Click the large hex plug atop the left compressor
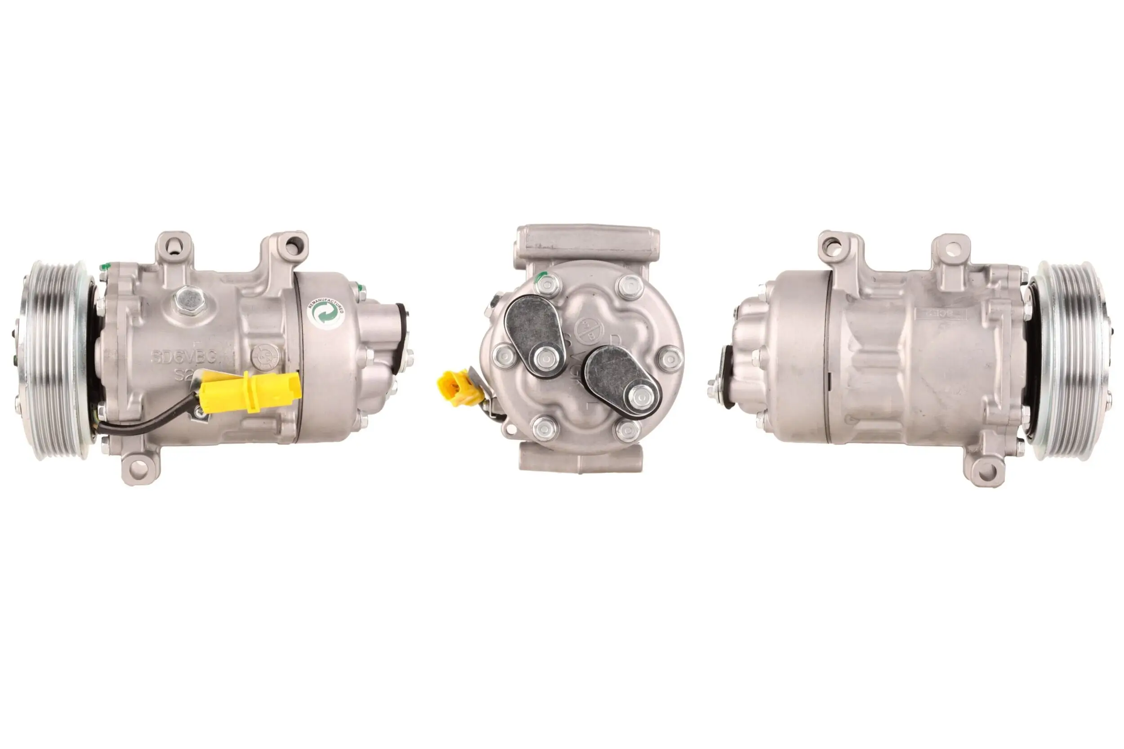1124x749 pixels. (190, 299)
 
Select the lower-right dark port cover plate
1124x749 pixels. (621, 380)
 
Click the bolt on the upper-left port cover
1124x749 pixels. (545, 357)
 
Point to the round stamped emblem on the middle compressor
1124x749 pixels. (589, 329)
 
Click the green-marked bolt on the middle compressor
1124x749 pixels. (548, 285)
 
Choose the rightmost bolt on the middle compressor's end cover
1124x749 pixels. (670, 359)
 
